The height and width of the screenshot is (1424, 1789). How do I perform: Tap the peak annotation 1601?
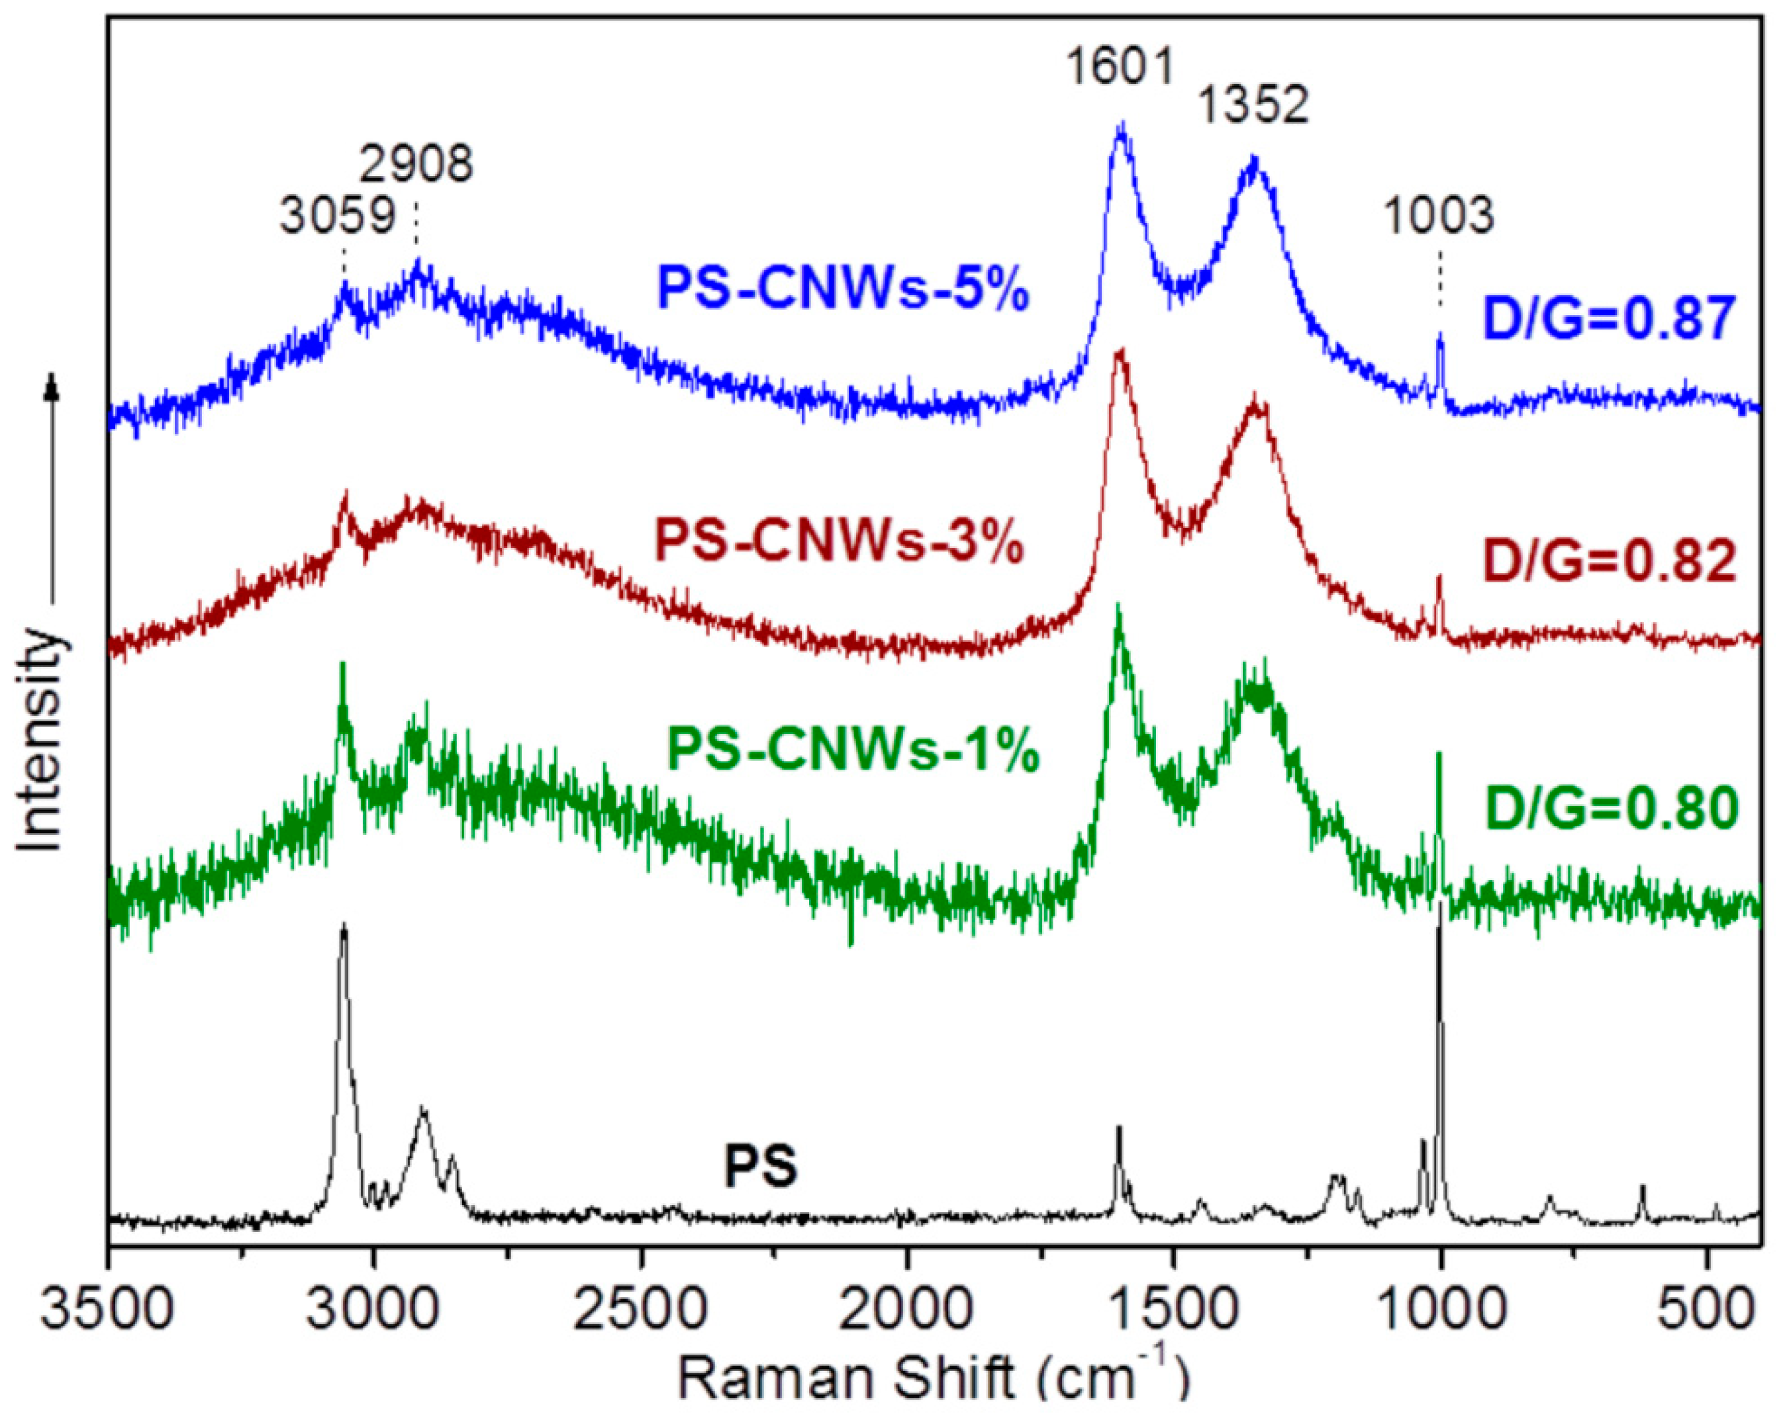click(x=1120, y=66)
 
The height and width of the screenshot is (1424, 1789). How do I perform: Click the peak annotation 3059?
click(x=336, y=217)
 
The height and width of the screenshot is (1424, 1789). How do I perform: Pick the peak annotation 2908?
click(x=416, y=163)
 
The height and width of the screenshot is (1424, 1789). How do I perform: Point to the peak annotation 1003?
click(x=1438, y=216)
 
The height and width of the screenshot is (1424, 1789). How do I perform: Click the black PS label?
click(x=760, y=1167)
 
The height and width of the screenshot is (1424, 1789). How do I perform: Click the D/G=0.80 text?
click(x=1611, y=809)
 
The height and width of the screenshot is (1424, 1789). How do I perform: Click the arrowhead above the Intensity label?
click(x=52, y=387)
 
